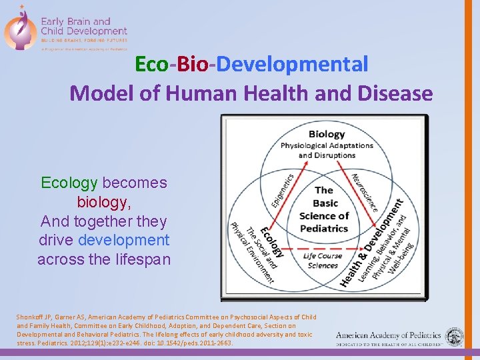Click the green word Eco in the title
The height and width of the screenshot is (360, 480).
point(151,65)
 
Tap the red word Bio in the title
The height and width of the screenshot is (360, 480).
point(192,65)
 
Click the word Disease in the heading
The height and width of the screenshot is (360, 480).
point(397,93)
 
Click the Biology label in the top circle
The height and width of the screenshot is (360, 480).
point(327,134)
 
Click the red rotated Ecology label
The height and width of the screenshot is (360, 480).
point(271,241)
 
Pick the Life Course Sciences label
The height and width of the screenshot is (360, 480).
point(323,261)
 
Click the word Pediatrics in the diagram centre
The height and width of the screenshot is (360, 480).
point(324,228)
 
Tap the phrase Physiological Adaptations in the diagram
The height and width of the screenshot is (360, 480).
point(326,146)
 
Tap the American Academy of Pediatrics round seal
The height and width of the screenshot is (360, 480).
point(455,337)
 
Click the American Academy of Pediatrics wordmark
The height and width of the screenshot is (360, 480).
point(388,336)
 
